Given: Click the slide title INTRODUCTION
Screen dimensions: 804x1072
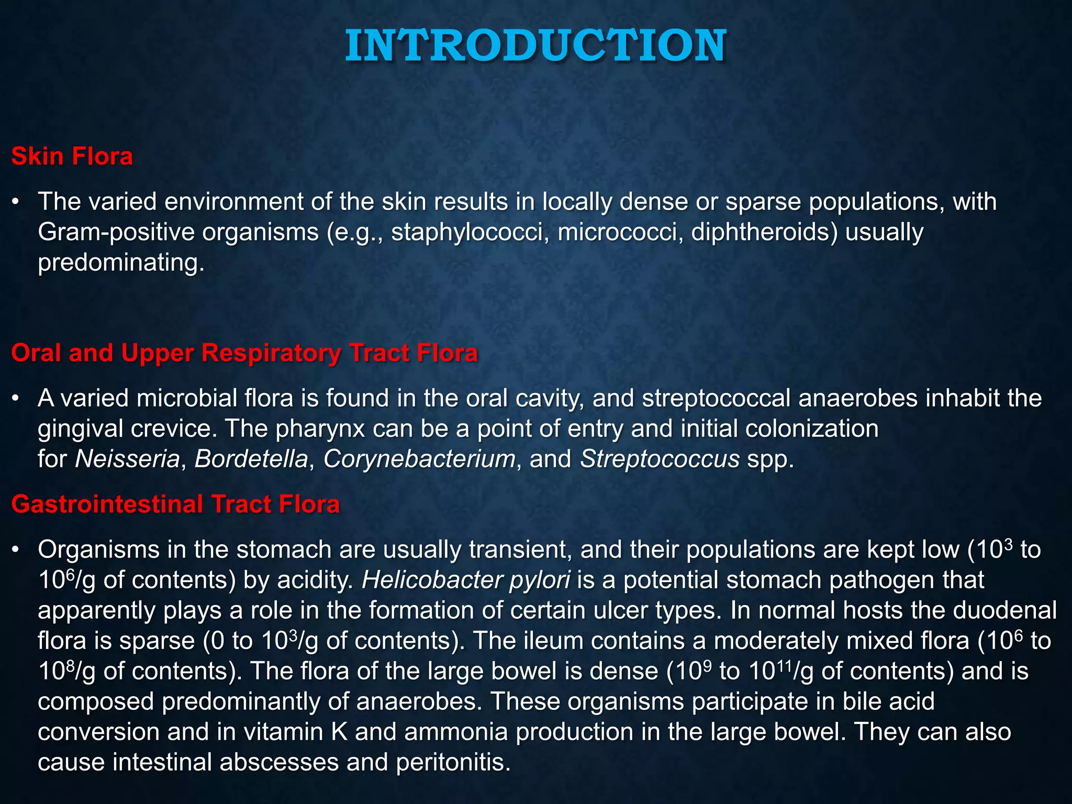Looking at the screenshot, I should click(x=535, y=46).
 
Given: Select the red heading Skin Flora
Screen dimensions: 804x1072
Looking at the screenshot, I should click(x=72, y=156).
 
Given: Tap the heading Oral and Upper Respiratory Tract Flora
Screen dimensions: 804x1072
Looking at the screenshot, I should click(x=244, y=353).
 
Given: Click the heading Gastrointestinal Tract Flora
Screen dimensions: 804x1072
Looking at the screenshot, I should click(x=175, y=504).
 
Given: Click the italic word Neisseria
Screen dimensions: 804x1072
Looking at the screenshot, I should click(x=128, y=459).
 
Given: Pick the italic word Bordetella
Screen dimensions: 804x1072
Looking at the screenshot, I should click(x=251, y=459).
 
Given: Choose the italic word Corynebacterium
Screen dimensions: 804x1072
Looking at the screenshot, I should click(x=419, y=459).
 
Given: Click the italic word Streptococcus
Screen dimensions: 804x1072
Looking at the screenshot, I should click(x=660, y=459).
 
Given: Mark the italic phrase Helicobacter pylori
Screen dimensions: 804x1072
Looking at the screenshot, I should click(x=466, y=580).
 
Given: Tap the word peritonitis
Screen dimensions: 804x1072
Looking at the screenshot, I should click(x=453, y=762).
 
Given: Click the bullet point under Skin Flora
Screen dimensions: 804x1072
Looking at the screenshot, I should click(x=17, y=202).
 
